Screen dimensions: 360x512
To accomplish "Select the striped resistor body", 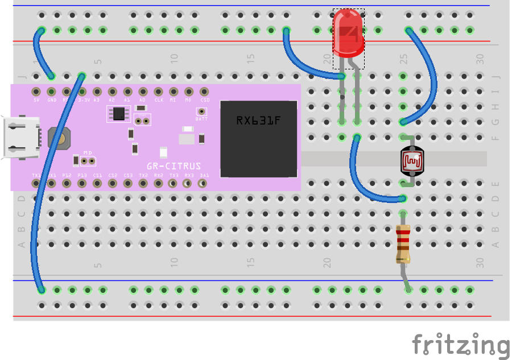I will click(403, 244).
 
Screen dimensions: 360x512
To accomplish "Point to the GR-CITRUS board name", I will click(174, 166).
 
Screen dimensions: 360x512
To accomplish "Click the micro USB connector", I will click(22, 137).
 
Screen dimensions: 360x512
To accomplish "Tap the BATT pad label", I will click(201, 119).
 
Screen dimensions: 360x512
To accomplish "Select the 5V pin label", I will click(36, 100).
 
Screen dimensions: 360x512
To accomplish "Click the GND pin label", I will click(52, 100).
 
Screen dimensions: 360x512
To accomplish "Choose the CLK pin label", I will click(159, 100).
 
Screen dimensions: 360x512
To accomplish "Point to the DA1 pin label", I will click(204, 175).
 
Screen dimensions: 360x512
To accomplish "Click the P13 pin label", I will click(82, 175).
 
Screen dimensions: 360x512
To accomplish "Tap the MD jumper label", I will click(88, 152).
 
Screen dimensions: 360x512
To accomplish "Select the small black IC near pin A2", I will click(118, 114).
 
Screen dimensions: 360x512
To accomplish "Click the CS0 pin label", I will click(204, 100).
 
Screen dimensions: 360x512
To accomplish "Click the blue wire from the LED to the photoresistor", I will click(364, 182).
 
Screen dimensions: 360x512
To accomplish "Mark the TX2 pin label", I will click(143, 175).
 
